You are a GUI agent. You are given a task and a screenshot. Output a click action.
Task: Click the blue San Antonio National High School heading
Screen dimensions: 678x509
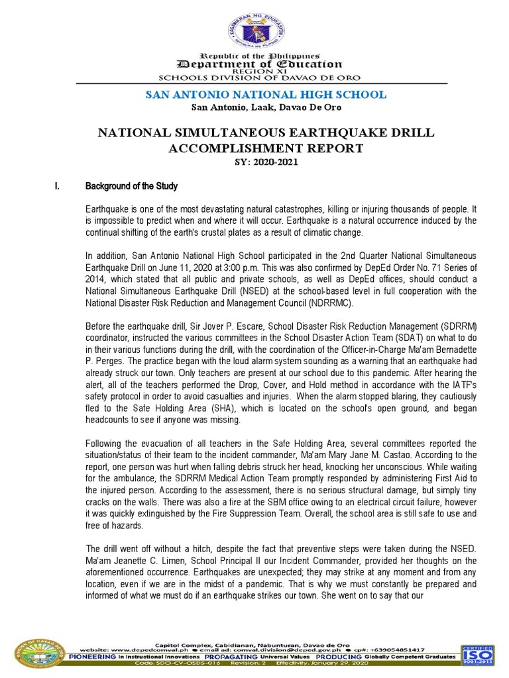(265, 95)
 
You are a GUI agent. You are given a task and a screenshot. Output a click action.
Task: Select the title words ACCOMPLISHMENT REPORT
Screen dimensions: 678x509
(265, 148)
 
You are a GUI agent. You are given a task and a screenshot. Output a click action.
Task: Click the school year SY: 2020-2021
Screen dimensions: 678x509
(265, 162)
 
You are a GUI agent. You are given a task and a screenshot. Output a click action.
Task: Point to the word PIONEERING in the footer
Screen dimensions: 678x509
(87, 659)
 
